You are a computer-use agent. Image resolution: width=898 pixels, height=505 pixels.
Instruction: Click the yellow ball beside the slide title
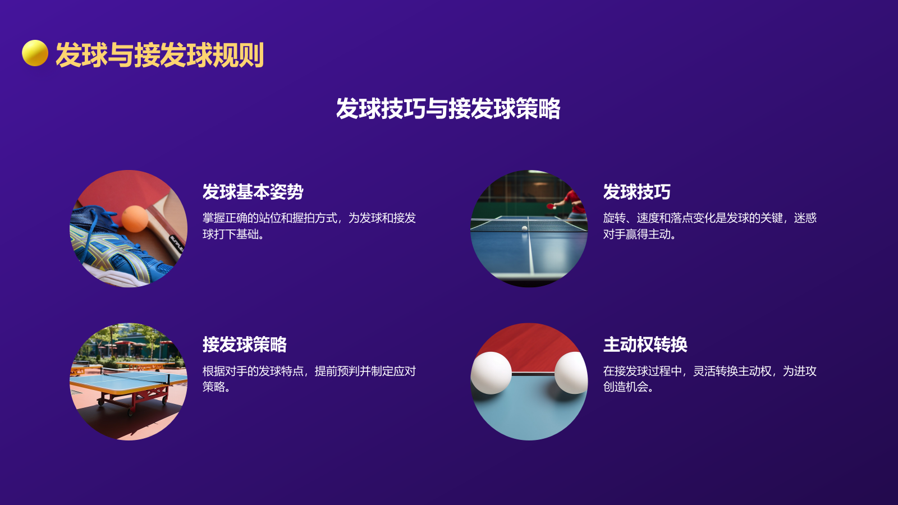point(35,53)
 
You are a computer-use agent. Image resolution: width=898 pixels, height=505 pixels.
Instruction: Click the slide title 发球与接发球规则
point(159,55)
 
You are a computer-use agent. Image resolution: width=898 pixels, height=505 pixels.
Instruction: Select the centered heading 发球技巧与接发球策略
point(448,109)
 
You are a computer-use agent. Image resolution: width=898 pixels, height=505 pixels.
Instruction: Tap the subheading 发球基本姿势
point(253,192)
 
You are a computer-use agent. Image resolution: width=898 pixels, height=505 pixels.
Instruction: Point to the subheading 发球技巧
point(636,192)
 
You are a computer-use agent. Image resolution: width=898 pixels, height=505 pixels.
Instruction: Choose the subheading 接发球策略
point(244,345)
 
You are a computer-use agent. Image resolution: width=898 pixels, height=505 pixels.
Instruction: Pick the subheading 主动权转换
point(645,345)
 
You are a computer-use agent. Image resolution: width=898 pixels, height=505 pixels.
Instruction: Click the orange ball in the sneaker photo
point(135,218)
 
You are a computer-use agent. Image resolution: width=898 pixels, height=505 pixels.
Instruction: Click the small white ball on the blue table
point(525,228)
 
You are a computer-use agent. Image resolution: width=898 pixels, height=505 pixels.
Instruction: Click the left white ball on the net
point(491,373)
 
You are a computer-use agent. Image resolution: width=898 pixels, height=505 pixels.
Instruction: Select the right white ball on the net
point(570,373)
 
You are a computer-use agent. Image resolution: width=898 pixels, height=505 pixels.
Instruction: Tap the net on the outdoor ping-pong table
point(168,377)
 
